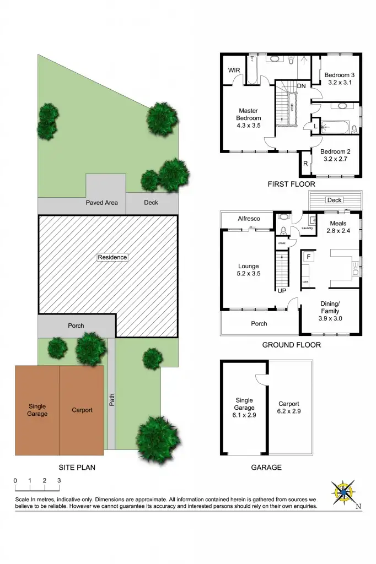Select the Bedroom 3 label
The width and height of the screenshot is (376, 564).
pyautogui.click(x=339, y=75)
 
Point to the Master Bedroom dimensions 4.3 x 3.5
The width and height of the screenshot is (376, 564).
pyautogui.click(x=249, y=126)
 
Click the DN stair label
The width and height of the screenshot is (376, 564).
pyautogui.click(x=302, y=86)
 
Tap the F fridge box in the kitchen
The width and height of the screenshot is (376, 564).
pyautogui.click(x=309, y=257)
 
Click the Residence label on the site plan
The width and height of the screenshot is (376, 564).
pyautogui.click(x=112, y=257)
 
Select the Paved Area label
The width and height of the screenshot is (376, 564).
pyautogui.click(x=101, y=203)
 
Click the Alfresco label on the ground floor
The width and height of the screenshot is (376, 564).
pyautogui.click(x=249, y=219)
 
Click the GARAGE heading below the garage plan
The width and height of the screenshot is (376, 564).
pyautogui.click(x=266, y=467)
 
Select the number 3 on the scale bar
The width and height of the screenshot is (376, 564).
pyautogui.click(x=59, y=480)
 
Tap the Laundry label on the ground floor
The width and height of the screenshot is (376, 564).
pyautogui.click(x=307, y=228)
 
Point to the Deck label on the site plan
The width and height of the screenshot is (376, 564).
pyautogui.click(x=151, y=203)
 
